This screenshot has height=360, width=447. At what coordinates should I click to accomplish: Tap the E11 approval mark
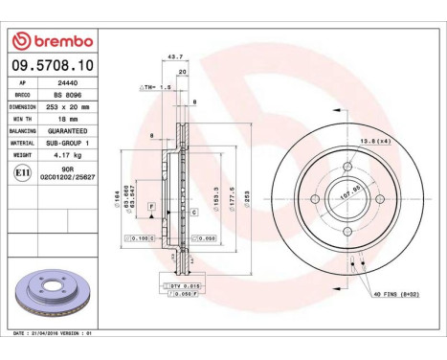click(23, 171)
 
